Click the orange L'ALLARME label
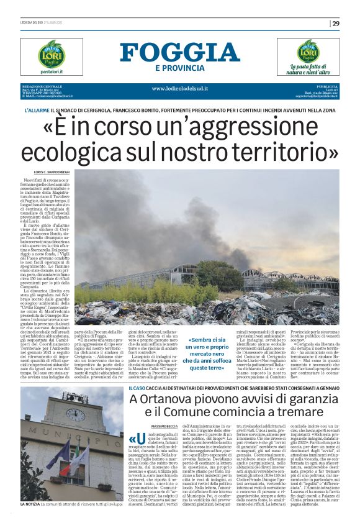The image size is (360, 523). click(35, 110)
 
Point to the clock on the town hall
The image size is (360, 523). click(75, 413)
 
